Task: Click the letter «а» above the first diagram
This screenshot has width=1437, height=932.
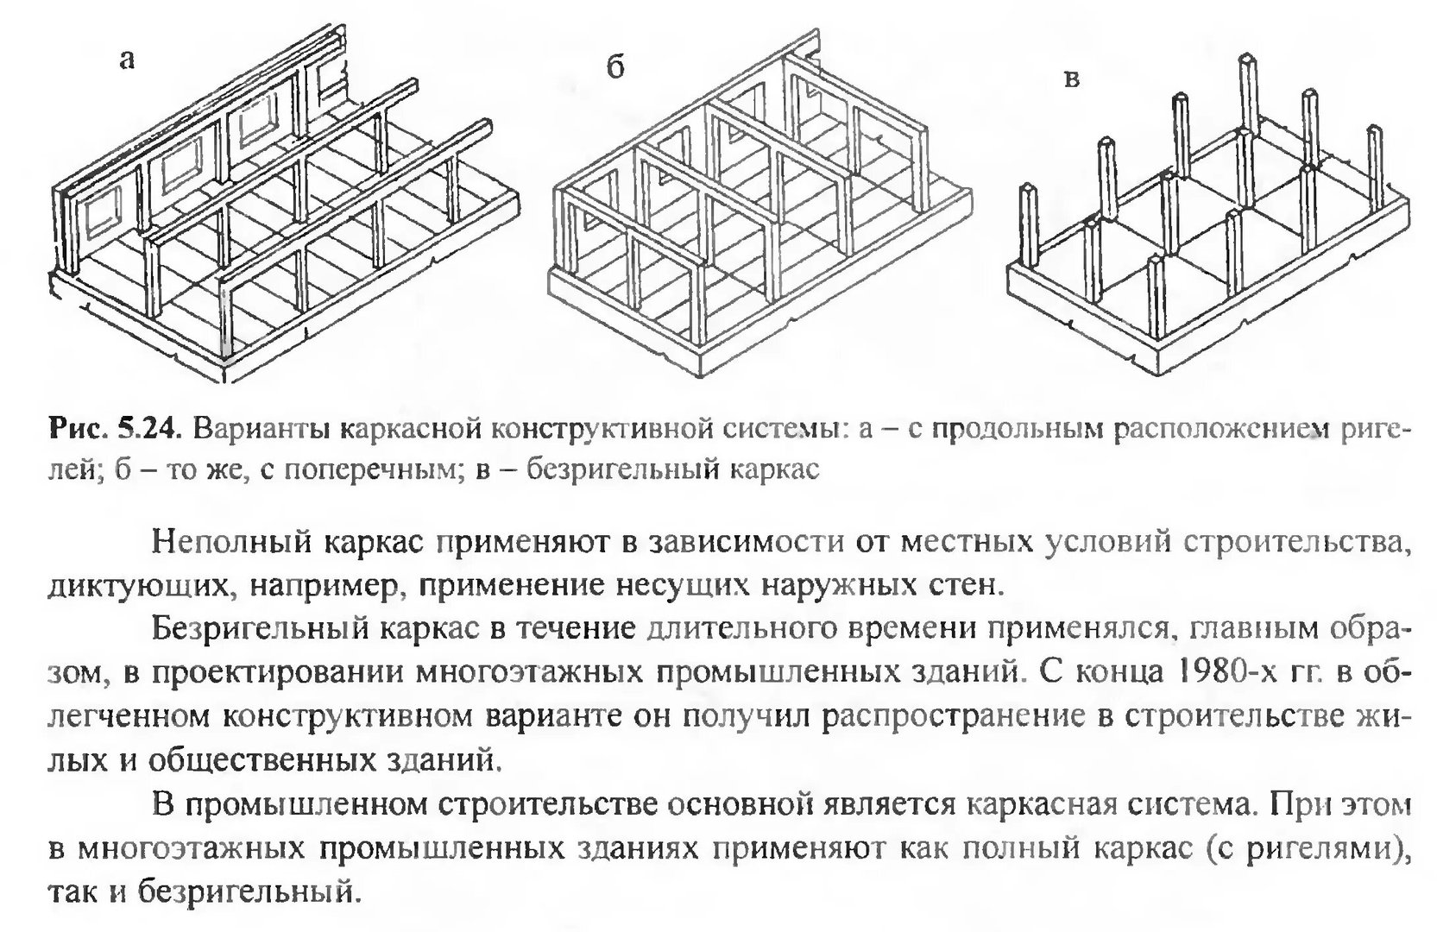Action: coord(128,60)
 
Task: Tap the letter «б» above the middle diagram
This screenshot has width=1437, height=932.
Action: coord(615,66)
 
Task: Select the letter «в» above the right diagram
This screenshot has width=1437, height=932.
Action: coord(1071,79)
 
